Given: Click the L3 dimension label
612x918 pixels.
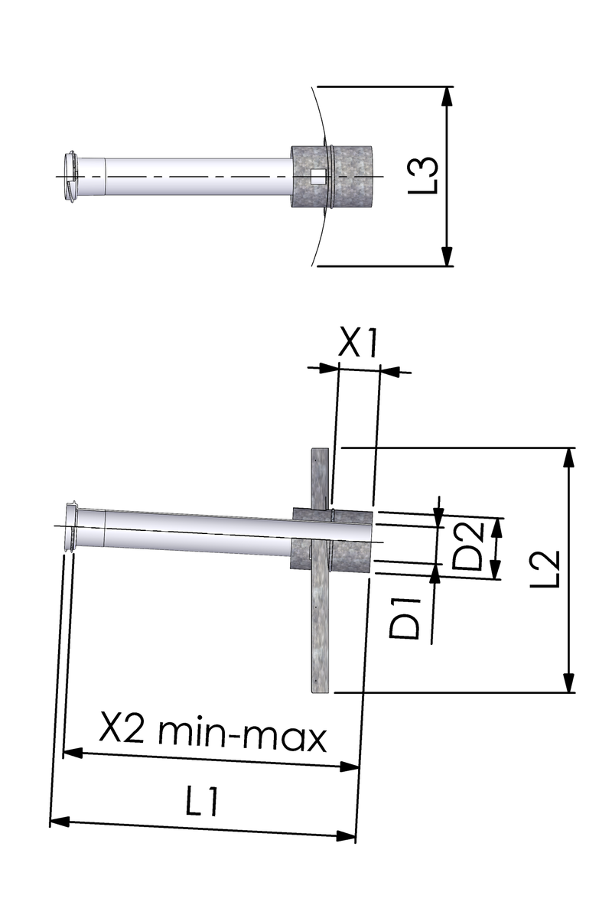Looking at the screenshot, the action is [x=424, y=176].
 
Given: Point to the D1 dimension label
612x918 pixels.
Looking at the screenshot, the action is [x=405, y=618].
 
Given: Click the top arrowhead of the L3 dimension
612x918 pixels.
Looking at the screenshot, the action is [x=447, y=96].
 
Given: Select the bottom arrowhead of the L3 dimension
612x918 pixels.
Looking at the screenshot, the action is [x=447, y=256].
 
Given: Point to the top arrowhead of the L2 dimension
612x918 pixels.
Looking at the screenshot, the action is [x=568, y=457].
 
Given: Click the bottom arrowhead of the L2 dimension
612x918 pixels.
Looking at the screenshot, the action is [x=568, y=682].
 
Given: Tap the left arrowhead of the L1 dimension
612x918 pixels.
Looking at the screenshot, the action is [x=60, y=822].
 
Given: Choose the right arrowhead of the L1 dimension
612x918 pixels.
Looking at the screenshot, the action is [x=346, y=836].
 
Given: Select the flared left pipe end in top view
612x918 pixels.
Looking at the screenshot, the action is [x=71, y=177].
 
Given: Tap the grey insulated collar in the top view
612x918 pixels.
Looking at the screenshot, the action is [x=331, y=177].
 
